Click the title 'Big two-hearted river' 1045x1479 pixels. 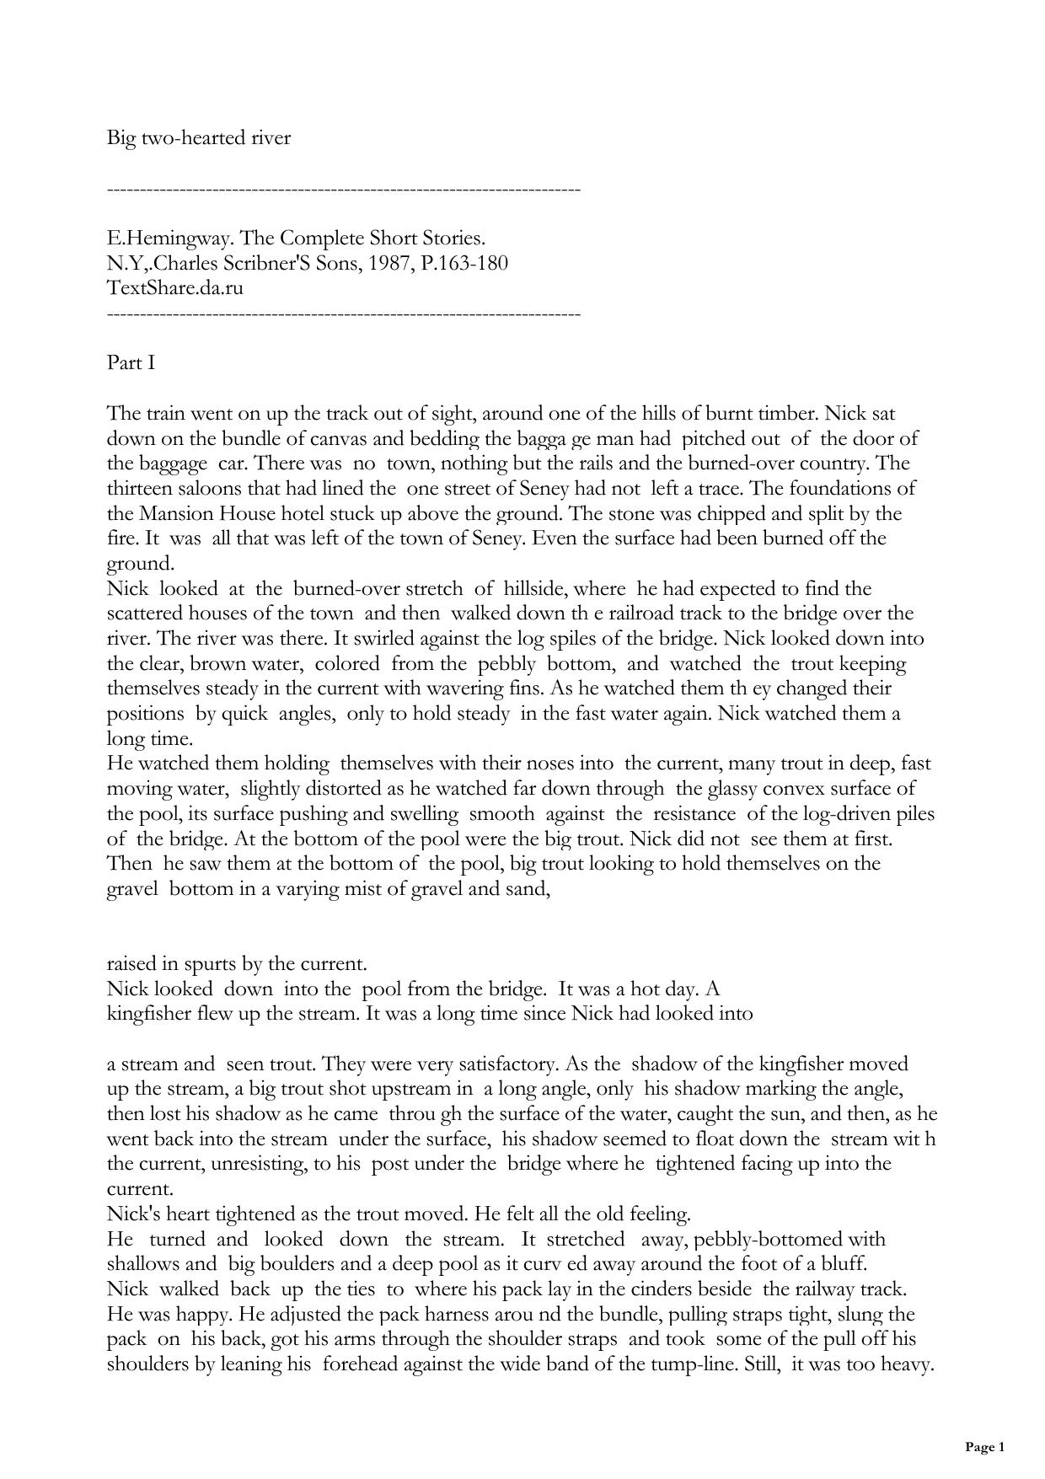tap(198, 138)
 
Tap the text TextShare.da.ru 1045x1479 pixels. tap(175, 288)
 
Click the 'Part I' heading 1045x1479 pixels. tap(131, 363)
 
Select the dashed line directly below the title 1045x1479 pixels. tap(344, 190)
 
